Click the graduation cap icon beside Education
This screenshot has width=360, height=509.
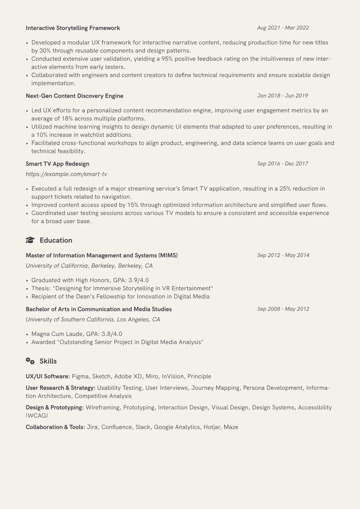(30, 240)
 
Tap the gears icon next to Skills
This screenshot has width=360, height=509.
(30, 361)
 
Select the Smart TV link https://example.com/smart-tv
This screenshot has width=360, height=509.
(66, 174)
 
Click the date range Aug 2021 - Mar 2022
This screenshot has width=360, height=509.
(283, 28)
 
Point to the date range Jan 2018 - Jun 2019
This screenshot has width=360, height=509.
(283, 96)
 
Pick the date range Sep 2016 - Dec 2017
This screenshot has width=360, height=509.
(283, 164)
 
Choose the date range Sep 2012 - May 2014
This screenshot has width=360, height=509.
(283, 255)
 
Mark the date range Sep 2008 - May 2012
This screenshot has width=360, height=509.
(283, 309)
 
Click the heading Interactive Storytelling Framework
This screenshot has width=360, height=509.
(73, 28)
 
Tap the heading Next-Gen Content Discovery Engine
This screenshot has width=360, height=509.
(74, 96)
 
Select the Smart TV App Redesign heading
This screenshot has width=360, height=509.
(57, 164)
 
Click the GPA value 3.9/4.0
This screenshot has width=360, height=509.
(139, 280)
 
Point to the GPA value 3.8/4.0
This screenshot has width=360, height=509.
(112, 334)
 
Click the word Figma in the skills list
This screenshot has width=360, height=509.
(80, 377)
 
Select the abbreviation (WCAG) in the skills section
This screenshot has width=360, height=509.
(37, 416)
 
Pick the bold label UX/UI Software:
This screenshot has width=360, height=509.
(48, 377)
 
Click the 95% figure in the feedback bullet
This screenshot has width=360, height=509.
(167, 59)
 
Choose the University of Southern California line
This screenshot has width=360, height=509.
(93, 320)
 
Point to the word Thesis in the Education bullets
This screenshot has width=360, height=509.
(41, 289)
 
